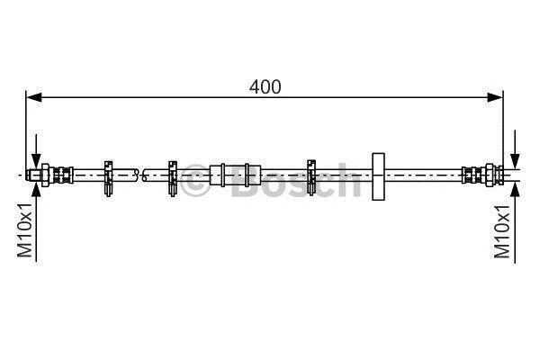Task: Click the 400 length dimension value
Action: [x=265, y=86]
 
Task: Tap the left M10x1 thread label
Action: [x=25, y=230]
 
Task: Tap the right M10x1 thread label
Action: [x=502, y=231]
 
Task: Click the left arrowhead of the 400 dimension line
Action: [x=34, y=97]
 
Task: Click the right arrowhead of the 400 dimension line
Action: [x=495, y=97]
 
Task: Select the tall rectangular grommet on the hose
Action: [x=379, y=176]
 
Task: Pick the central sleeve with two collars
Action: [x=235, y=175]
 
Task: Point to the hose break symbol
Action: [x=140, y=175]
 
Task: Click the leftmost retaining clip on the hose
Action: [x=109, y=178]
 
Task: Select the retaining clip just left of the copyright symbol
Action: [x=173, y=178]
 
